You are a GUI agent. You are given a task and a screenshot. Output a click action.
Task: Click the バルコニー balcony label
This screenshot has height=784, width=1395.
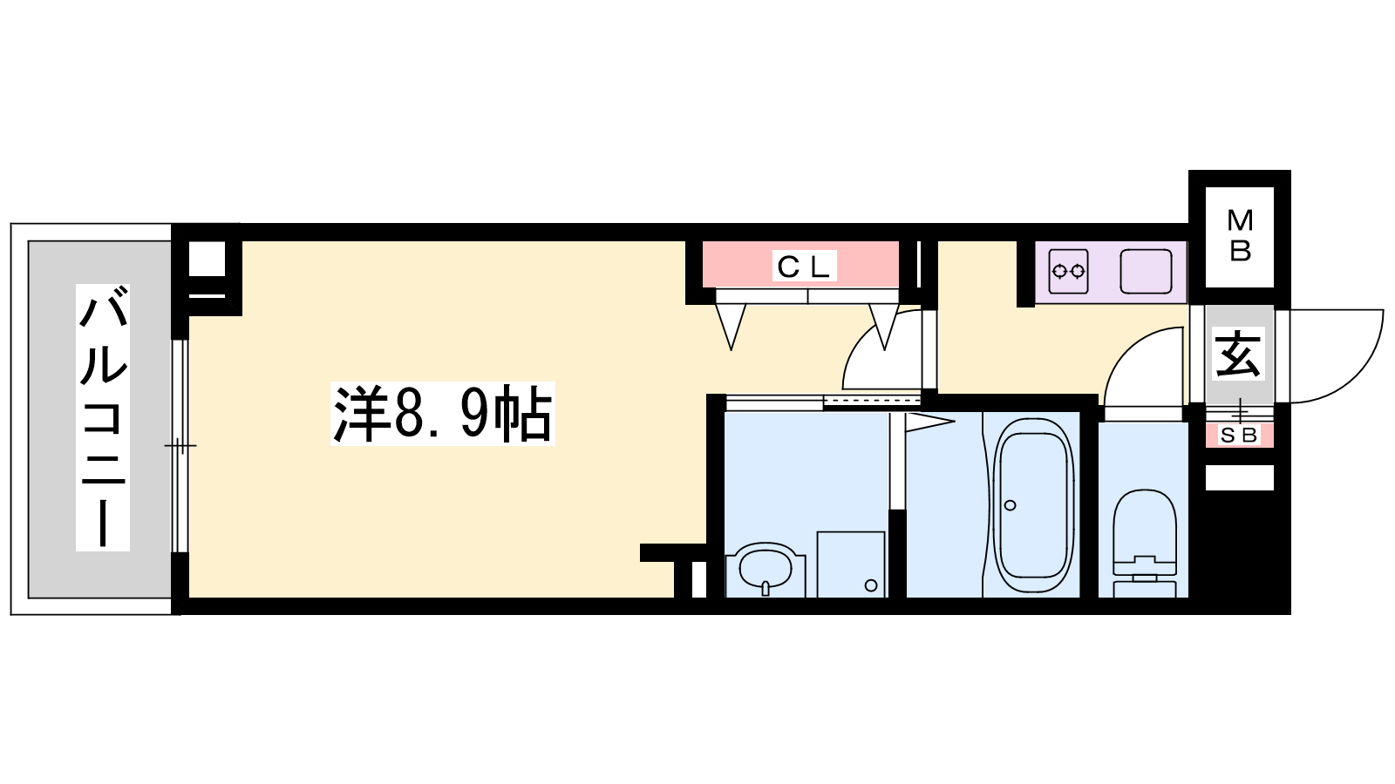click(103, 417)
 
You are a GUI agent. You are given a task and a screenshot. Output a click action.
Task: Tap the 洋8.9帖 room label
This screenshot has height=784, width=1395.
click(443, 413)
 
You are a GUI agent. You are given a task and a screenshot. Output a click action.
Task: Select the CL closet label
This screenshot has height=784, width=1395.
click(803, 267)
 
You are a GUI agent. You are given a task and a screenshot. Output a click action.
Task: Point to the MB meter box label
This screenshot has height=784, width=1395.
click(1239, 236)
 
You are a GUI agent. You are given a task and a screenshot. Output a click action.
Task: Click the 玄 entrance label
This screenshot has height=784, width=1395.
click(1239, 354)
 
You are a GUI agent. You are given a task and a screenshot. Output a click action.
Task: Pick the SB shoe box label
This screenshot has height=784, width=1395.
click(1239, 436)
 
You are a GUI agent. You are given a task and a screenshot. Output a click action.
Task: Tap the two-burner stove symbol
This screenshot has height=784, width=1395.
click(1068, 271)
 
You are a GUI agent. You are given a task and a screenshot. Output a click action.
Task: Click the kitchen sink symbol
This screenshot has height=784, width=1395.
click(1146, 271)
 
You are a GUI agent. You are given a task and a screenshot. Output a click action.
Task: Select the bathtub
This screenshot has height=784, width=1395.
click(1034, 506)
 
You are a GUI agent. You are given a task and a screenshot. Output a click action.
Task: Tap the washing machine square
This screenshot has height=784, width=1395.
click(851, 564)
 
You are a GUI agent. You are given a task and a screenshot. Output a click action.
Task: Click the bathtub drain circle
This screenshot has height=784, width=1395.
click(1011, 505)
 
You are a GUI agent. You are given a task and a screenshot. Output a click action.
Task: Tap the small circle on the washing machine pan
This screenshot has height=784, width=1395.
click(871, 585)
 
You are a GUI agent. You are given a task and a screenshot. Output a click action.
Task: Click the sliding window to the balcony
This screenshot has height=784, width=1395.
click(180, 445)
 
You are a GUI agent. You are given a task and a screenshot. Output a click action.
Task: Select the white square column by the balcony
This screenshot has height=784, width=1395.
click(207, 258)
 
